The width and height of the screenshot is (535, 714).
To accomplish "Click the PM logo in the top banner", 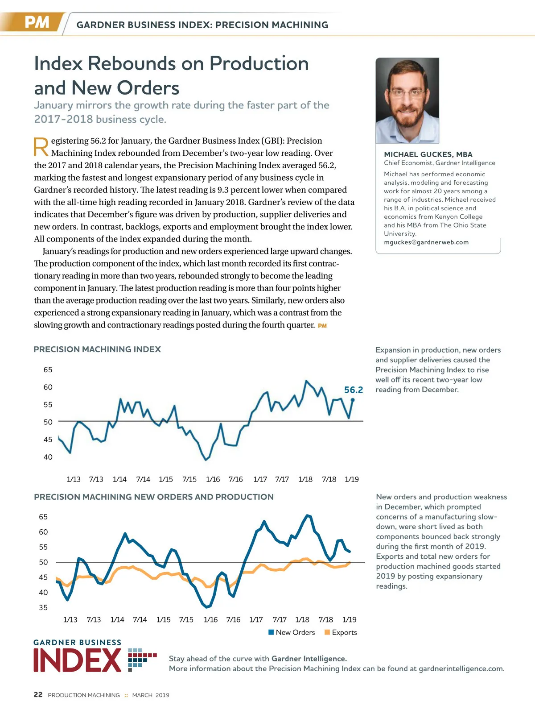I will [37, 22].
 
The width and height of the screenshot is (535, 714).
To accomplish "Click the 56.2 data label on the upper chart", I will [354, 390].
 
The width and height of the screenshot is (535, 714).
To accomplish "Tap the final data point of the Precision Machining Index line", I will [353, 400].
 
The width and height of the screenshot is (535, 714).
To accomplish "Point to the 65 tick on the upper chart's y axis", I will [48, 369].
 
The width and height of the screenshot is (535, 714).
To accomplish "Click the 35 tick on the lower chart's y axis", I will [43, 607].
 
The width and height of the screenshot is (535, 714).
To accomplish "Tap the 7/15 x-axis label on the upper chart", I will [189, 479].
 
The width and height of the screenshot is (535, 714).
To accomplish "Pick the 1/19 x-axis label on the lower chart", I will [349, 619].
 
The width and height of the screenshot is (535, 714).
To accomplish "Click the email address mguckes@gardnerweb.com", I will [426, 242].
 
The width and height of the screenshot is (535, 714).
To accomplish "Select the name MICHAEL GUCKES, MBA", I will [428, 154].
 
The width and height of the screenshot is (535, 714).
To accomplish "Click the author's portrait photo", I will [407, 100].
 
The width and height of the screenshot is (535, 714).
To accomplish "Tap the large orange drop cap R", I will [41, 147].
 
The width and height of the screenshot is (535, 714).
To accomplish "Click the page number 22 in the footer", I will [38, 694].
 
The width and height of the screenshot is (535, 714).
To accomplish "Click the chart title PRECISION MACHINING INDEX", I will [97, 349].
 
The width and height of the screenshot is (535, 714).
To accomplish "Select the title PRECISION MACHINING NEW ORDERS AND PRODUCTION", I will [154, 497].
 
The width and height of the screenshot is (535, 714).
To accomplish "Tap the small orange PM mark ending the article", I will [322, 326].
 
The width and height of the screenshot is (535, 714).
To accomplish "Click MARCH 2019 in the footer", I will [151, 695].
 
